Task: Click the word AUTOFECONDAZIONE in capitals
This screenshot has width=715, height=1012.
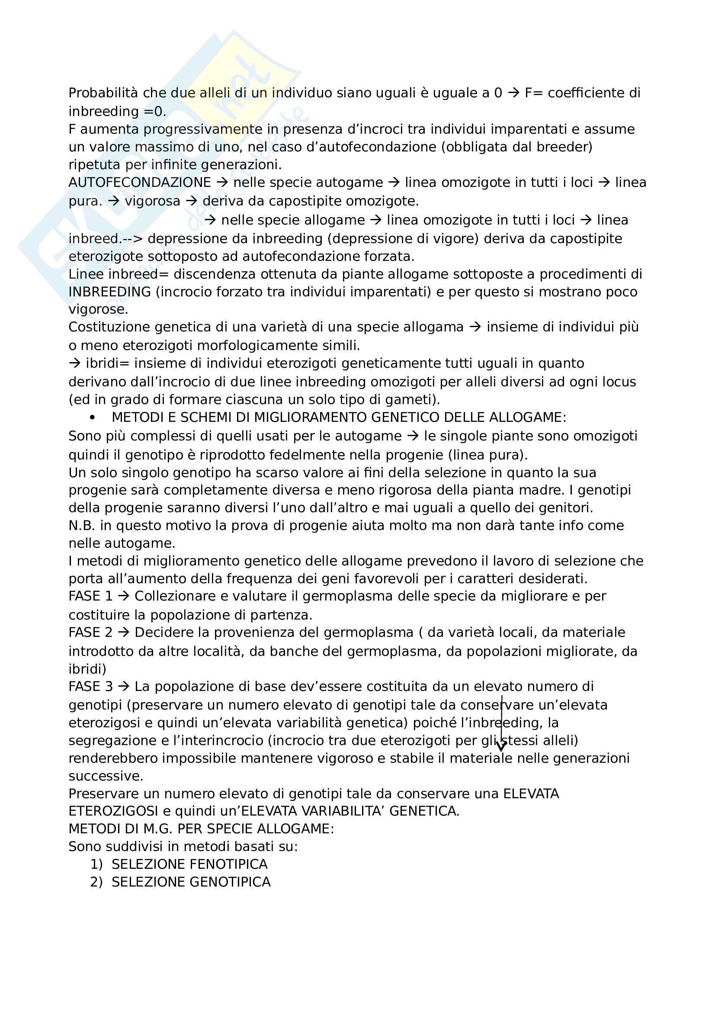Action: (x=140, y=183)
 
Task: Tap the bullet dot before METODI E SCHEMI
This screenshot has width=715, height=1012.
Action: (x=92, y=418)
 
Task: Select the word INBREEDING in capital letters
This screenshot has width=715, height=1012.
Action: (x=110, y=292)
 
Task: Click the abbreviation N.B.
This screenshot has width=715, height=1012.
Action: (x=82, y=525)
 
